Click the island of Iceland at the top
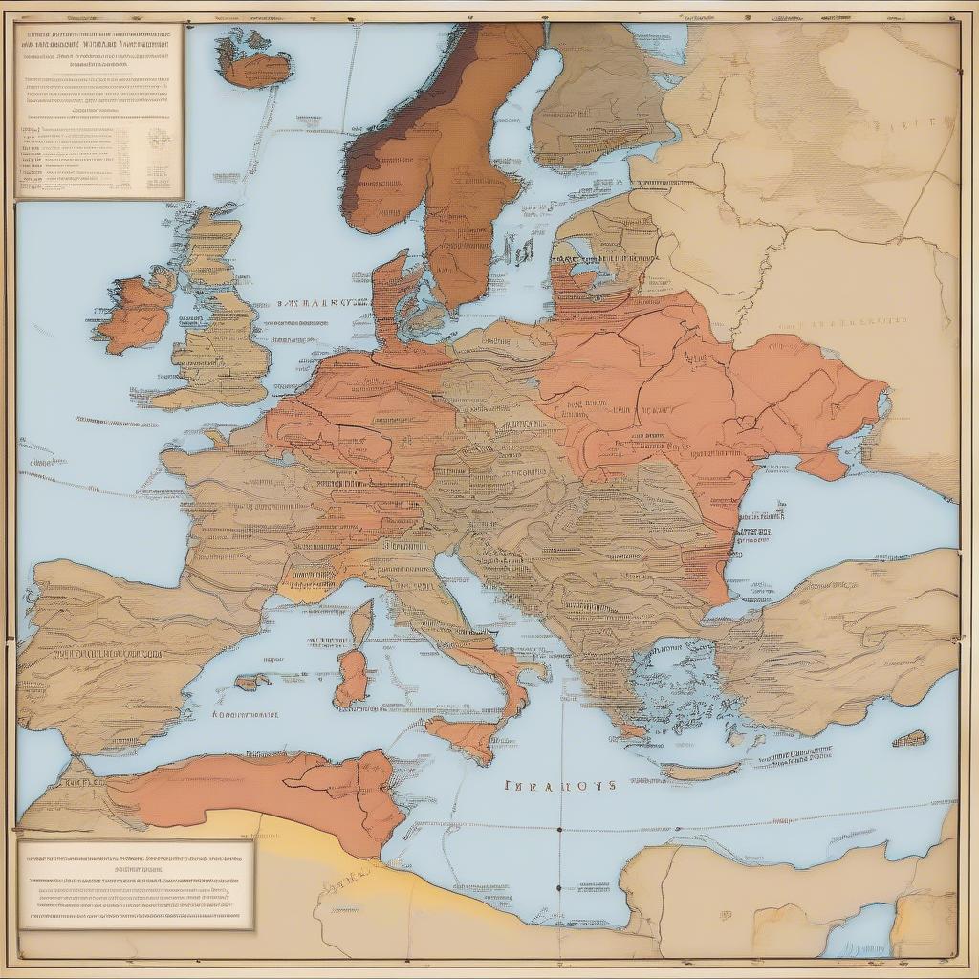click(x=253, y=60)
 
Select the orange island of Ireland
click(x=136, y=312)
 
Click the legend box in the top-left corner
click(x=98, y=110)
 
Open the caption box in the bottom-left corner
click(x=136, y=883)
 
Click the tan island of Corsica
click(x=361, y=621)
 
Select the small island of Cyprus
click(x=909, y=738)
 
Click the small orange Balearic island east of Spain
click(x=252, y=682)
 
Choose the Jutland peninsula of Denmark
click(x=391, y=296)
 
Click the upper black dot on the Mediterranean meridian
click(x=558, y=830)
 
